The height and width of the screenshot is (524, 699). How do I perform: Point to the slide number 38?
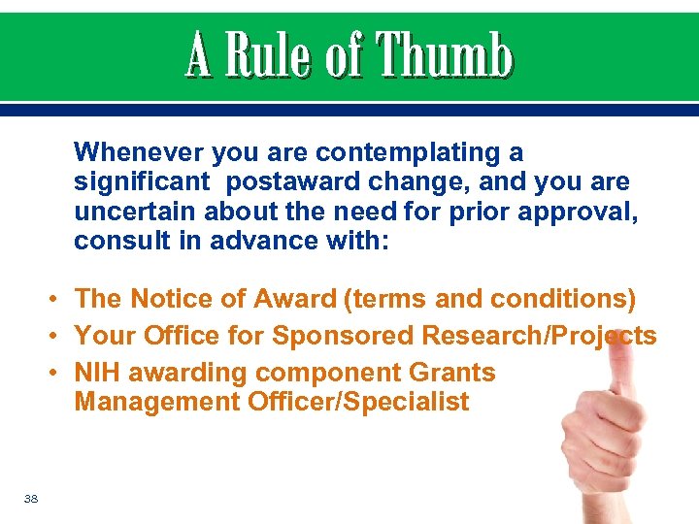point(31,499)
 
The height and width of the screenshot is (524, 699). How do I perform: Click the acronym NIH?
point(96,373)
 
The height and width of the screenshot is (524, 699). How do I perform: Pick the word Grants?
point(452,373)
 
